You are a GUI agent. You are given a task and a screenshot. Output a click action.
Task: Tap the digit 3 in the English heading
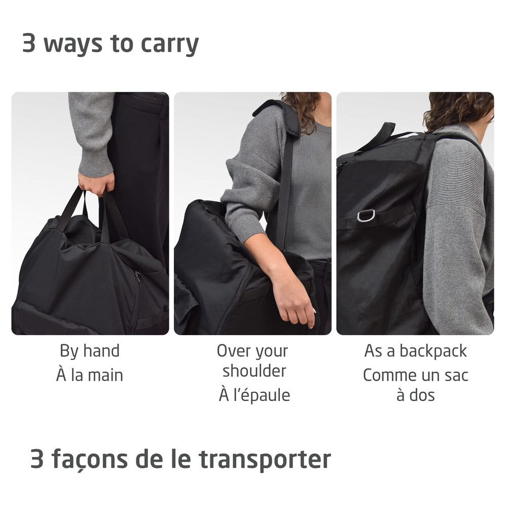(29, 44)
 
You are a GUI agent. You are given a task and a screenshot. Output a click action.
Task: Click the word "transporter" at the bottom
(264, 459)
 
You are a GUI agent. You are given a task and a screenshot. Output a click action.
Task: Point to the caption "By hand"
(90, 351)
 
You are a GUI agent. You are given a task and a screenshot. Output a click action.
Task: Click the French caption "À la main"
(90, 375)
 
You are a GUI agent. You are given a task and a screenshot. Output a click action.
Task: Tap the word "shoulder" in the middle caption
(254, 371)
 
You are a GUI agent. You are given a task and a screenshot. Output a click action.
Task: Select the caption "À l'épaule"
(254, 395)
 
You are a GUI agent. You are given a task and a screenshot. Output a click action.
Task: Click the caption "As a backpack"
(415, 351)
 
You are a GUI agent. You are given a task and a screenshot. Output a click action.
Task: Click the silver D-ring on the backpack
(366, 215)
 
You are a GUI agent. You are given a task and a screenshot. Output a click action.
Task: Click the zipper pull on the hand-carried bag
(137, 276)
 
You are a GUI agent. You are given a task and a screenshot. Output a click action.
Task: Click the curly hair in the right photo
(459, 109)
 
